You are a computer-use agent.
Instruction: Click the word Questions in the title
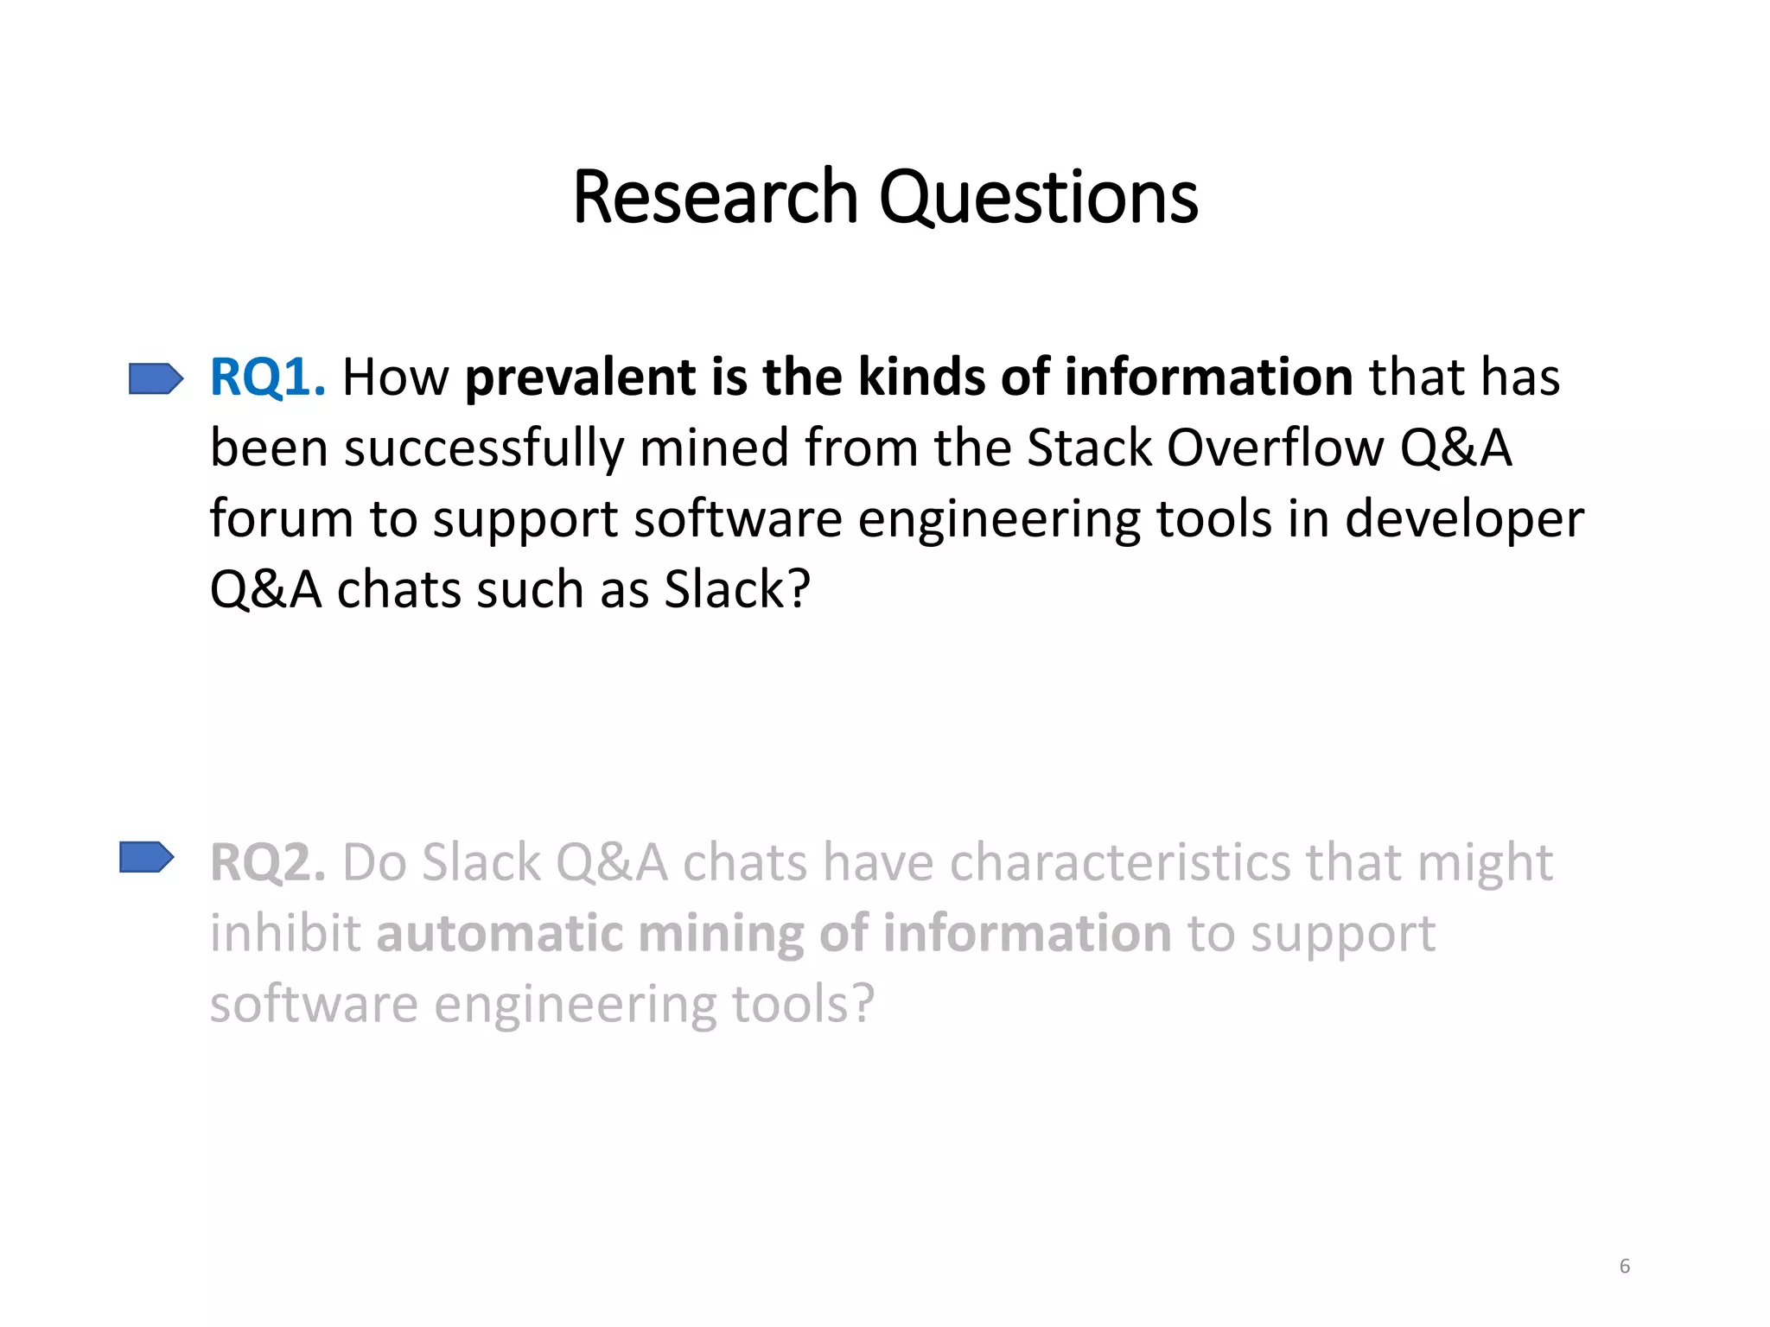1038,199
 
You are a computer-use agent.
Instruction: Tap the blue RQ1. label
268,378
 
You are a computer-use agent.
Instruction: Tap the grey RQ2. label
268,863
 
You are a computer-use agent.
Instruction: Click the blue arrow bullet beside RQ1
156,378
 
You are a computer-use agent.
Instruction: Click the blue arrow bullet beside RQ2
147,858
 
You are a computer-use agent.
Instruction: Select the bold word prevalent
580,378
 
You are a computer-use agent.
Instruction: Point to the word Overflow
1275,448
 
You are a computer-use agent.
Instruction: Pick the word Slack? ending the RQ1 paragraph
737,590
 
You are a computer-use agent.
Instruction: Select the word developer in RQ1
1464,519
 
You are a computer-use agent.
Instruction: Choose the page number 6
1624,1267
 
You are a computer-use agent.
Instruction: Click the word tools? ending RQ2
803,1005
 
